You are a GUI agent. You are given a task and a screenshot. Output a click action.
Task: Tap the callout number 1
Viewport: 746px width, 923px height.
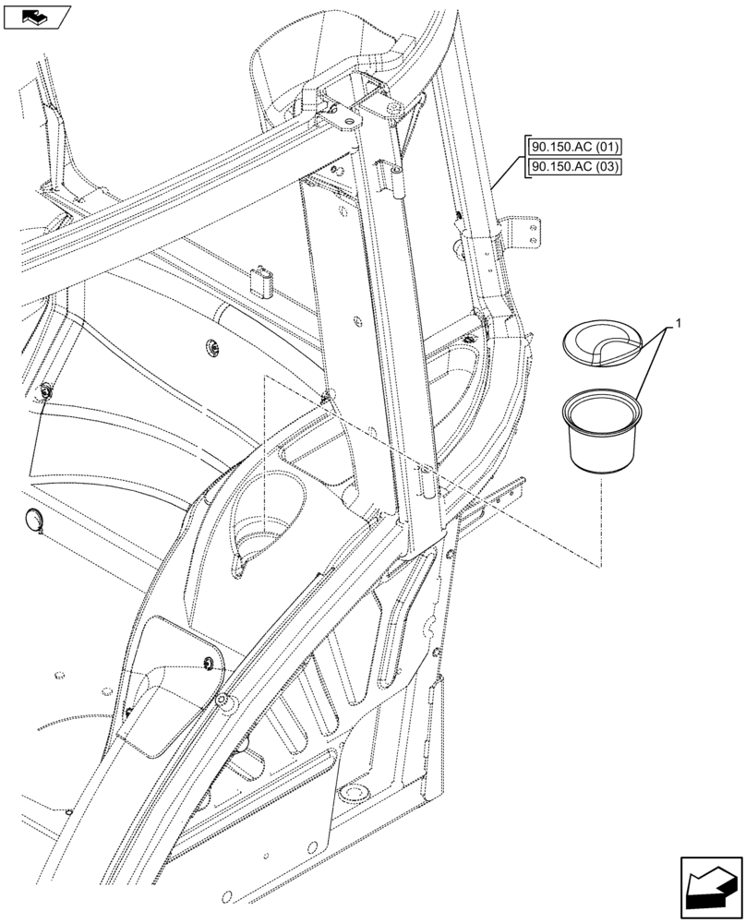680,324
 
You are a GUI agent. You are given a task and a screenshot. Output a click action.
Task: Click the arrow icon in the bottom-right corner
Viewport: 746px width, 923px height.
710,888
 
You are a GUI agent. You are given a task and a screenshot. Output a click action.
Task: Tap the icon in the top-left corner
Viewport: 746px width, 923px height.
37,16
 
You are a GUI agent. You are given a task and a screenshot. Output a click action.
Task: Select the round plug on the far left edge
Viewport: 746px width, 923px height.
33,521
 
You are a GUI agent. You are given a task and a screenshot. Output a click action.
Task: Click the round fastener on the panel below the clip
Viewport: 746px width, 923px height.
211,347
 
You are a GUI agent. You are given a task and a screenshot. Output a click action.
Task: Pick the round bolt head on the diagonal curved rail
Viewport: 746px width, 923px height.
223,702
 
